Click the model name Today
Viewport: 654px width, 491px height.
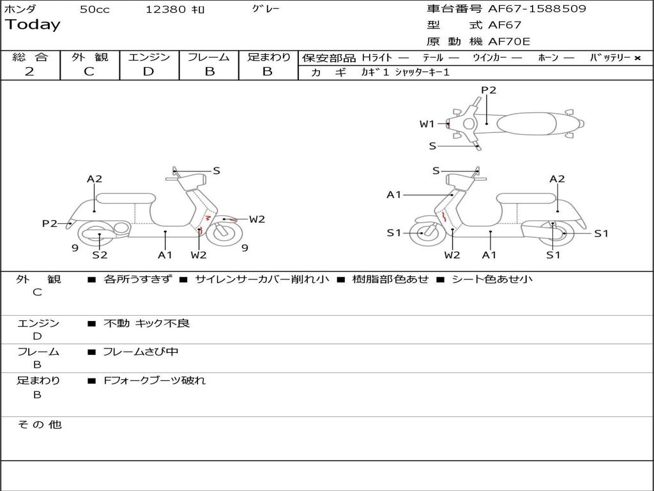tap(33, 25)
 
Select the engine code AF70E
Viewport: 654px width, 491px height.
tap(509, 42)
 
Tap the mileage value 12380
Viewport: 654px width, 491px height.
tap(165, 10)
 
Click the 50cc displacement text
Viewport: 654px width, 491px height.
tap(95, 10)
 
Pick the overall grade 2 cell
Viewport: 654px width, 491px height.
tap(29, 72)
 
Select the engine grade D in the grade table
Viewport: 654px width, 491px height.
tap(148, 72)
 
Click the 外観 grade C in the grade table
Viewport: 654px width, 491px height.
tap(89, 72)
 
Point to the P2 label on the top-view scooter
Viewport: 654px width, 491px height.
tap(489, 90)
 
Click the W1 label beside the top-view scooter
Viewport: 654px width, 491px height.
tap(427, 124)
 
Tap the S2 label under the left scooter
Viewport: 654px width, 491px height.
tap(100, 255)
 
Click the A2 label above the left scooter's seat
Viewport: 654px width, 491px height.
tap(95, 179)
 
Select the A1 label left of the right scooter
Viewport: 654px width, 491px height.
tap(393, 194)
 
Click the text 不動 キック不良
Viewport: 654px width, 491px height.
tap(147, 323)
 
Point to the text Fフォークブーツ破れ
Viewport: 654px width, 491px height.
tap(155, 380)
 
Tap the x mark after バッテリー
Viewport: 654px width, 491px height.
tap(637, 58)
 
